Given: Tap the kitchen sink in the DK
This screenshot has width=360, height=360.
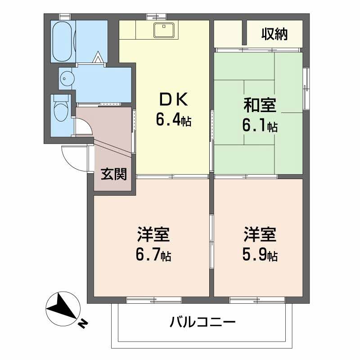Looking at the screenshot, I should [162, 31].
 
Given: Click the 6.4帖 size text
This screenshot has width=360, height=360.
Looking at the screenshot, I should [173, 120].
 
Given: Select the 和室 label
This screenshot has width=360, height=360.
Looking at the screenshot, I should [260, 106].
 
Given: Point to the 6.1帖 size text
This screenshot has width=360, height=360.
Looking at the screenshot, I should [260, 126].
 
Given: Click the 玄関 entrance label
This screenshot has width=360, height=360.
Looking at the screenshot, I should [113, 174].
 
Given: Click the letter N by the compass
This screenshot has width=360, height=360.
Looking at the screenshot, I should [83, 323].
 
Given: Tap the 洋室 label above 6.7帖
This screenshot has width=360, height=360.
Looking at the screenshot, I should [153, 235].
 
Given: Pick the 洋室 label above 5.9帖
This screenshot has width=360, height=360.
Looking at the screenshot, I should [260, 235].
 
